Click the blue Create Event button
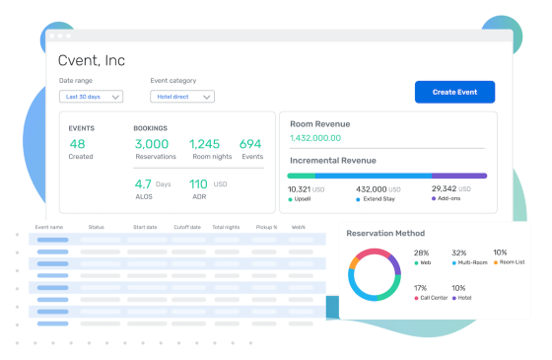[x=454, y=92]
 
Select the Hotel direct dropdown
[x=182, y=97]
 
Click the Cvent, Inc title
[x=92, y=61]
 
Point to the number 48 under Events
[x=77, y=144]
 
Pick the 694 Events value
[x=250, y=144]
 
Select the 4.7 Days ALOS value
[x=144, y=183]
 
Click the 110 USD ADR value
[x=198, y=183]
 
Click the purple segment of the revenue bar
[x=458, y=176]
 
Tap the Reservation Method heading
[x=385, y=233]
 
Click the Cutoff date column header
[x=187, y=226]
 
